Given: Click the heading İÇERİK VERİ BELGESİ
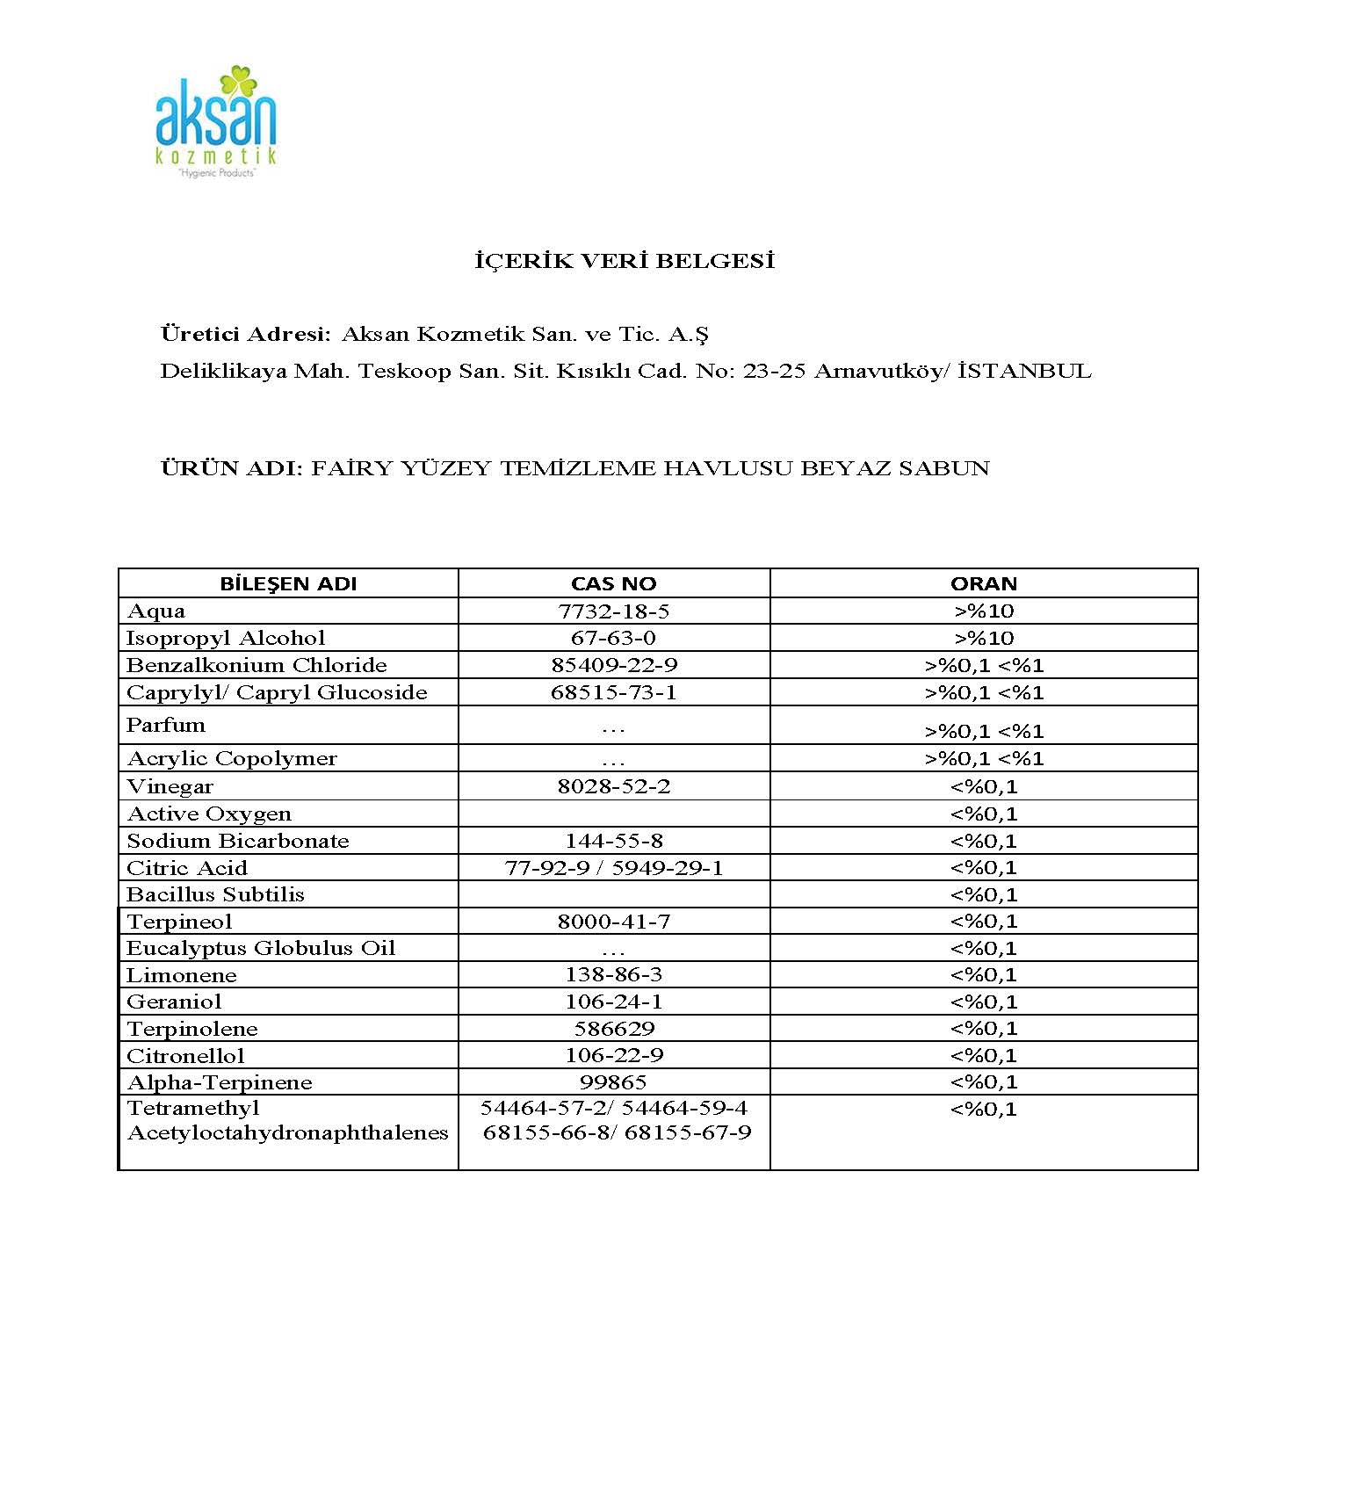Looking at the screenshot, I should pos(625,261).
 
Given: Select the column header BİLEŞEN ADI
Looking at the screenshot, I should pos(288,584).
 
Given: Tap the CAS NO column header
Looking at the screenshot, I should pos(613,584).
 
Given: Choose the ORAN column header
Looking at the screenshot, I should pos(983,584).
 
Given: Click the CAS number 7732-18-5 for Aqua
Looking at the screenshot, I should pos(613,611).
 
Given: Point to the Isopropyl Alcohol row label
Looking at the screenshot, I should pos(226,638).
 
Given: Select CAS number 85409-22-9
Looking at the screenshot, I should pos(614,665).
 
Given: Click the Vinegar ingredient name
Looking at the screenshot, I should pos(170,786).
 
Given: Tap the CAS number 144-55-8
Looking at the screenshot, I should pos(613,841).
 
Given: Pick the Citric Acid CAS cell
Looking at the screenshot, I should pos(613,868).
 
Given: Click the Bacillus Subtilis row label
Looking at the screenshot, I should pos(216,894).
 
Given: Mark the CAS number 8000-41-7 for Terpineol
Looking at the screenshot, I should pos(613,922).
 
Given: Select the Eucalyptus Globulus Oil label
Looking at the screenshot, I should pos(261,948).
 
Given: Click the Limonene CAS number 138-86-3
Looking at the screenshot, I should pos(613,974).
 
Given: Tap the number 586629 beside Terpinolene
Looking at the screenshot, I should pos(613,1029).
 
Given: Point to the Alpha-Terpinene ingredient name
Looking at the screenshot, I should pos(220,1082).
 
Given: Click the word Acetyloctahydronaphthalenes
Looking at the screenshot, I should pos(288,1132).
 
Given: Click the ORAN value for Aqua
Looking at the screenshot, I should pos(983,611).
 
